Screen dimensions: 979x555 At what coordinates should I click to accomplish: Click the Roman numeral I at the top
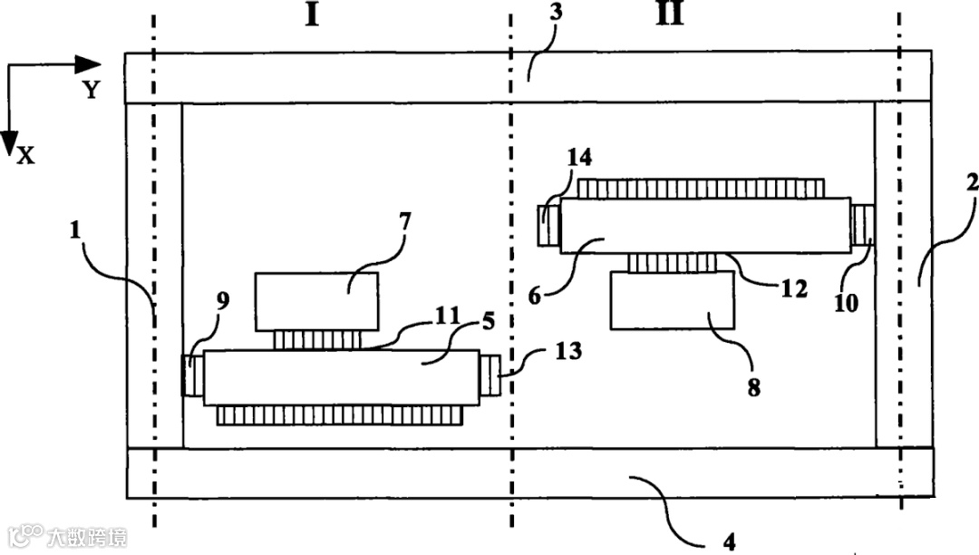pos(312,15)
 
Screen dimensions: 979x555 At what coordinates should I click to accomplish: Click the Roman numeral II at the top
pos(669,15)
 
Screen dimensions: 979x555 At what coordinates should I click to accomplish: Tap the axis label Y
pos(91,89)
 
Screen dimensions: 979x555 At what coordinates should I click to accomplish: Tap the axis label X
pos(26,156)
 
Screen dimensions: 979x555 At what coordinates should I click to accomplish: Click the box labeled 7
pos(316,301)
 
